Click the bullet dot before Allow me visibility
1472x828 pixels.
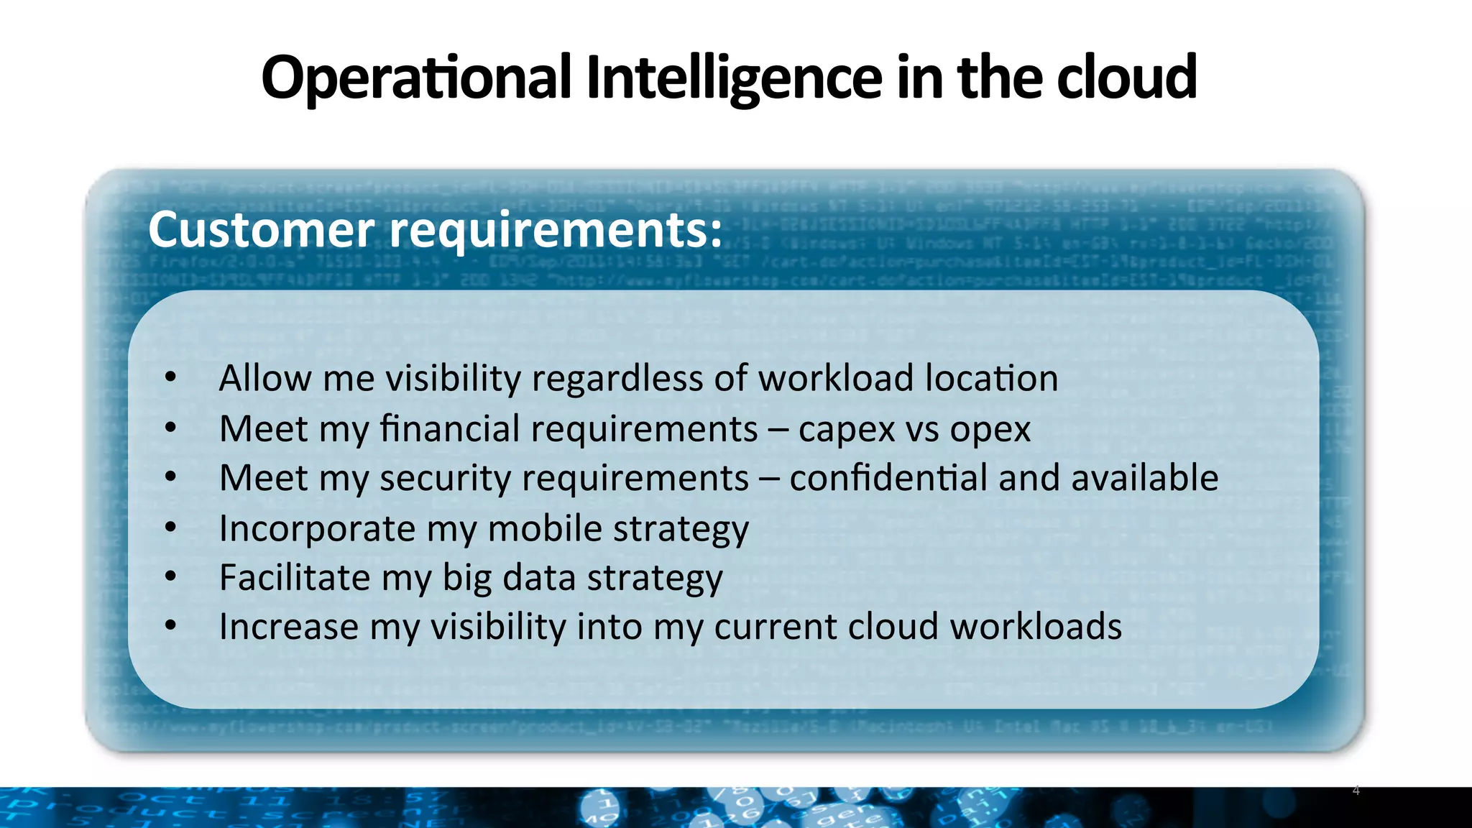click(x=170, y=377)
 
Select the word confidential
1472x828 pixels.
click(x=888, y=478)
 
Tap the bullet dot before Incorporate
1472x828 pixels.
click(x=170, y=528)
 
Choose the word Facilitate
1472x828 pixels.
click(x=295, y=577)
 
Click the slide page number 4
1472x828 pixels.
click(x=1356, y=791)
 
